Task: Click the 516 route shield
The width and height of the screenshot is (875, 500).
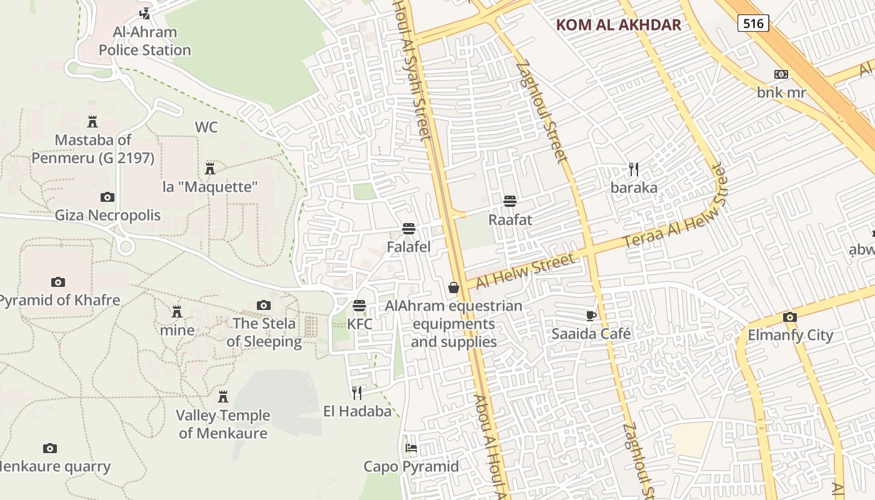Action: tap(752, 24)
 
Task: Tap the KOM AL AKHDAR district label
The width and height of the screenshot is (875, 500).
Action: tap(618, 25)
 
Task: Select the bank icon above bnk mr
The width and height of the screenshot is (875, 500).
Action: tap(781, 74)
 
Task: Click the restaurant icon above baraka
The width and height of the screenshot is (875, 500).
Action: tap(634, 169)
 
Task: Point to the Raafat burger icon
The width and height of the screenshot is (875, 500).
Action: tap(510, 201)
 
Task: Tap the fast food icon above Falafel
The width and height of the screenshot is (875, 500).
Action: tap(409, 228)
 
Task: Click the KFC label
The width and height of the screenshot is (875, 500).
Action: tap(359, 324)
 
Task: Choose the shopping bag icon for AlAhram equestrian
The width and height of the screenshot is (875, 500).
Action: tap(454, 287)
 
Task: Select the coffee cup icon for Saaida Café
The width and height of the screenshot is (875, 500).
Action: tap(591, 315)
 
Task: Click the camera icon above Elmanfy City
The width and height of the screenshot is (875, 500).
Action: tap(789, 317)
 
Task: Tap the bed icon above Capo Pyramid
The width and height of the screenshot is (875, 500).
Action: tap(411, 447)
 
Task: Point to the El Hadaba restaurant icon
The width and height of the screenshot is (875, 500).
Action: tap(357, 392)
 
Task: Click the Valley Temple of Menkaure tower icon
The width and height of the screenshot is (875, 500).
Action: tap(222, 397)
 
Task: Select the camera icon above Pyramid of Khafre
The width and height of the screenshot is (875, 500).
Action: tap(58, 282)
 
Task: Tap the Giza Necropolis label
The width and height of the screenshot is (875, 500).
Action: tap(107, 216)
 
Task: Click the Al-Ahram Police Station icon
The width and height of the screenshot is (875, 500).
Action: tap(145, 13)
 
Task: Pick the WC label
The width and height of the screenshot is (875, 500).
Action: tap(206, 127)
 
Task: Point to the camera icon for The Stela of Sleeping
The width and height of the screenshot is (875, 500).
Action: tap(264, 305)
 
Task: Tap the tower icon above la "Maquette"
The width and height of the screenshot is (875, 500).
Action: tap(210, 168)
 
